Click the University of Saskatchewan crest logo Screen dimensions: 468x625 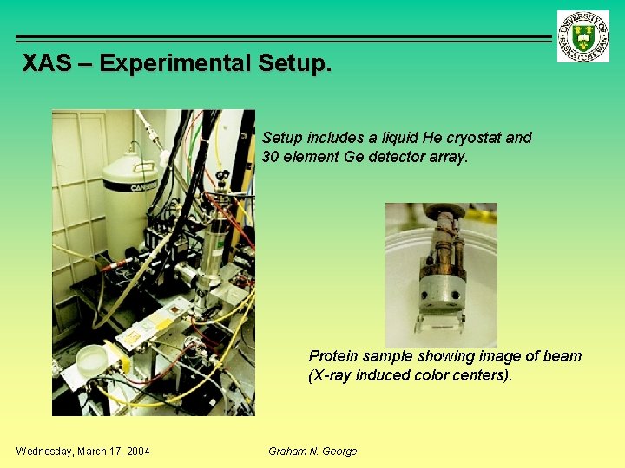click(x=583, y=36)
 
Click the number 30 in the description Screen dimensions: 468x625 click(x=271, y=157)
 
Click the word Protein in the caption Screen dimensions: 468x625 click(x=332, y=356)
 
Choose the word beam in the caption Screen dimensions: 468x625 click(x=562, y=356)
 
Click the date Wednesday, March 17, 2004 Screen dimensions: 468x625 click(x=82, y=451)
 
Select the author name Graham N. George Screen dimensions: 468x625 click(x=312, y=451)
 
